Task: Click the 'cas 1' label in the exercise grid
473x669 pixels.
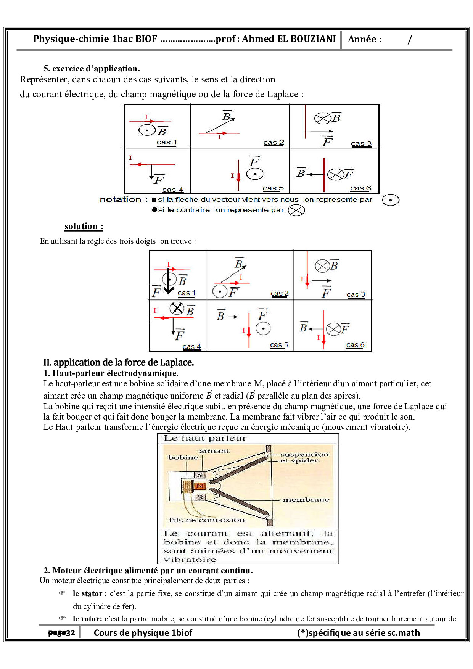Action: [167, 142]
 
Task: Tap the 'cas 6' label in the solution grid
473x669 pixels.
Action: [355, 345]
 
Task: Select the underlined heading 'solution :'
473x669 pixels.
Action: [84, 226]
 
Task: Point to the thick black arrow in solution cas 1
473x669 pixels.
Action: [169, 281]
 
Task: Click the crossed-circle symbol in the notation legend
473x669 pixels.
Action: [296, 210]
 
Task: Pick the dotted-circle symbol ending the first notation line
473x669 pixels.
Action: [390, 200]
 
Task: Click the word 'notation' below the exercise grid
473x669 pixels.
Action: [120, 199]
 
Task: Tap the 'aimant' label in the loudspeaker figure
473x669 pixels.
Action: [214, 451]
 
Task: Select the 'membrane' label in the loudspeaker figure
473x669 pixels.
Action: [306, 500]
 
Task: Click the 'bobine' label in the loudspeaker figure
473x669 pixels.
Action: [183, 457]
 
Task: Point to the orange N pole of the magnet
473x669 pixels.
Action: [200, 486]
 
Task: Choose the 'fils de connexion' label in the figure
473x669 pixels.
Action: [206, 520]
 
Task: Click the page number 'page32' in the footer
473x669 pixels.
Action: [61, 633]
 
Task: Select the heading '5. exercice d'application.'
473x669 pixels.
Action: [92, 69]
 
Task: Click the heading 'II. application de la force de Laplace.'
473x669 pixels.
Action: [118, 362]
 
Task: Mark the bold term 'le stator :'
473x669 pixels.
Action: [90, 593]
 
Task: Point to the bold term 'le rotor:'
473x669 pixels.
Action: [87, 619]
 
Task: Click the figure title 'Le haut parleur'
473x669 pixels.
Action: [205, 438]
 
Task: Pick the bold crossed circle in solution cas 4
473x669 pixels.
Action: [177, 308]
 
